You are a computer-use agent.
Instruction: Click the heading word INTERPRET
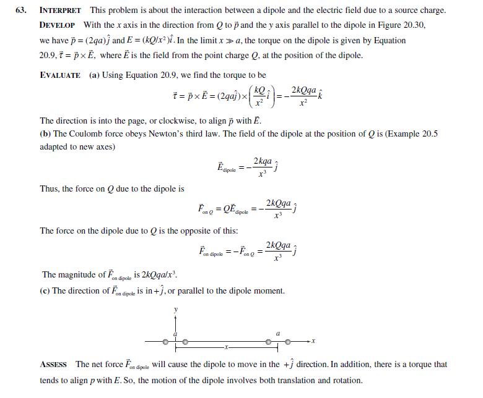coord(60,11)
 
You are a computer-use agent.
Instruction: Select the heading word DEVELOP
coord(57,25)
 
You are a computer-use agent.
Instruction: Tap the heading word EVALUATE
coord(60,75)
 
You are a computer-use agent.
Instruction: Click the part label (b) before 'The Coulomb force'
coord(45,133)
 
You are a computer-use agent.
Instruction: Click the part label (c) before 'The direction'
coord(45,290)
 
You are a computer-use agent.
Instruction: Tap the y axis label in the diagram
coord(175,309)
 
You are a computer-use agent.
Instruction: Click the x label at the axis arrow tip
coord(313,341)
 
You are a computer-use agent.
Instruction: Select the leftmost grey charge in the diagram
coord(165,341)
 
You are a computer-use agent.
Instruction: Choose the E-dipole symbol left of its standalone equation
coord(227,168)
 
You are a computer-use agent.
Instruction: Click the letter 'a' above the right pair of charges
coord(277,333)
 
